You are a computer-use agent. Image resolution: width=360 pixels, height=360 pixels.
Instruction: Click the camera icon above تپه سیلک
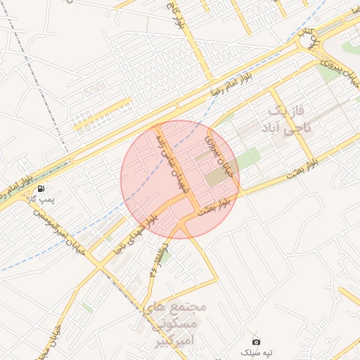point(256,341)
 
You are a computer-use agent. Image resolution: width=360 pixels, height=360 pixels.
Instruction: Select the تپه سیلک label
point(256,352)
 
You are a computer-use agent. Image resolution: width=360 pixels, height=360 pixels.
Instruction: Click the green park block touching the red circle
point(246,160)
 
